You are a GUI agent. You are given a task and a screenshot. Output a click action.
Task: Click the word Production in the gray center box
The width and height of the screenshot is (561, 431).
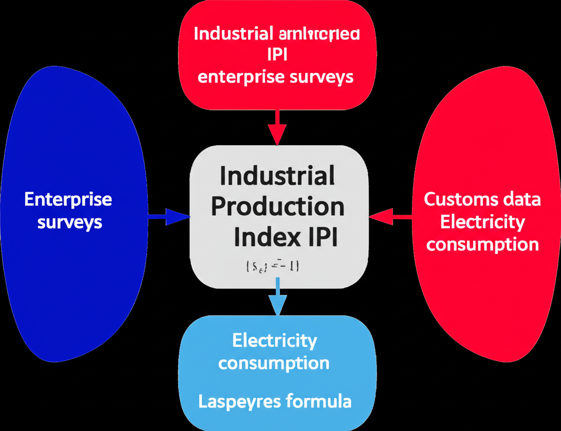point(278,207)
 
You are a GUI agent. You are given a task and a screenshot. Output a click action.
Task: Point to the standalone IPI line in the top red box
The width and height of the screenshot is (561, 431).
point(277,55)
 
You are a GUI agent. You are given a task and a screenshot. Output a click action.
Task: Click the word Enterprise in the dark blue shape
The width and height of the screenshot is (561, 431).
point(68,199)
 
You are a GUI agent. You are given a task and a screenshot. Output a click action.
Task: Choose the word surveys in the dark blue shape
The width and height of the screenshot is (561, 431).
point(70,222)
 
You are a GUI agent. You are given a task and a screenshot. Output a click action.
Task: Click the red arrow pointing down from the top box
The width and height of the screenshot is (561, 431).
point(277,128)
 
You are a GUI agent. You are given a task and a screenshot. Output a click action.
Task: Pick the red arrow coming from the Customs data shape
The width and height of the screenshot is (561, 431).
point(390,217)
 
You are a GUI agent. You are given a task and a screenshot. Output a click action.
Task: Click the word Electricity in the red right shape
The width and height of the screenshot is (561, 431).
point(482,222)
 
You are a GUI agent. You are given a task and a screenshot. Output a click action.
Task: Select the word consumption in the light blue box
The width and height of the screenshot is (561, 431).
point(274,363)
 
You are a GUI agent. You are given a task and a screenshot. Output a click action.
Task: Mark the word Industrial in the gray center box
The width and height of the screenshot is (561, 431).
point(277,176)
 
